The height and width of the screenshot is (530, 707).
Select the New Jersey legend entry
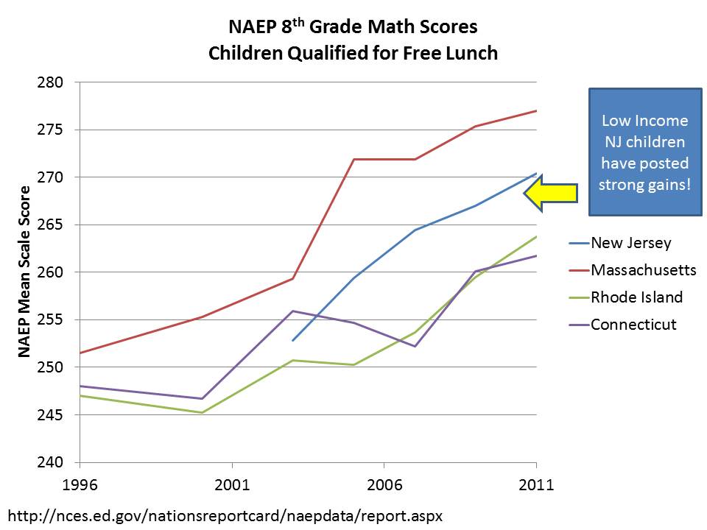[631, 243]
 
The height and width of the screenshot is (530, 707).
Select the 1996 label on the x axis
[80, 487]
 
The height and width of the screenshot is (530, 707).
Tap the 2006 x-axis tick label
[384, 487]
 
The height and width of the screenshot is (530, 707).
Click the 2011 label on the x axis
[535, 487]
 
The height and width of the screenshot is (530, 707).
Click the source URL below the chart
[225, 515]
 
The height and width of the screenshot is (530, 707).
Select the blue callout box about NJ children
[644, 153]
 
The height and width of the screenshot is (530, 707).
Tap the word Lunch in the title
[472, 53]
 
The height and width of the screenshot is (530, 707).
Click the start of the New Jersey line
[293, 341]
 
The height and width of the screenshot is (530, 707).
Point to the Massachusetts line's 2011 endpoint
[535, 110]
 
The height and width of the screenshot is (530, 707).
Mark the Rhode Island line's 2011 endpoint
[535, 236]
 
